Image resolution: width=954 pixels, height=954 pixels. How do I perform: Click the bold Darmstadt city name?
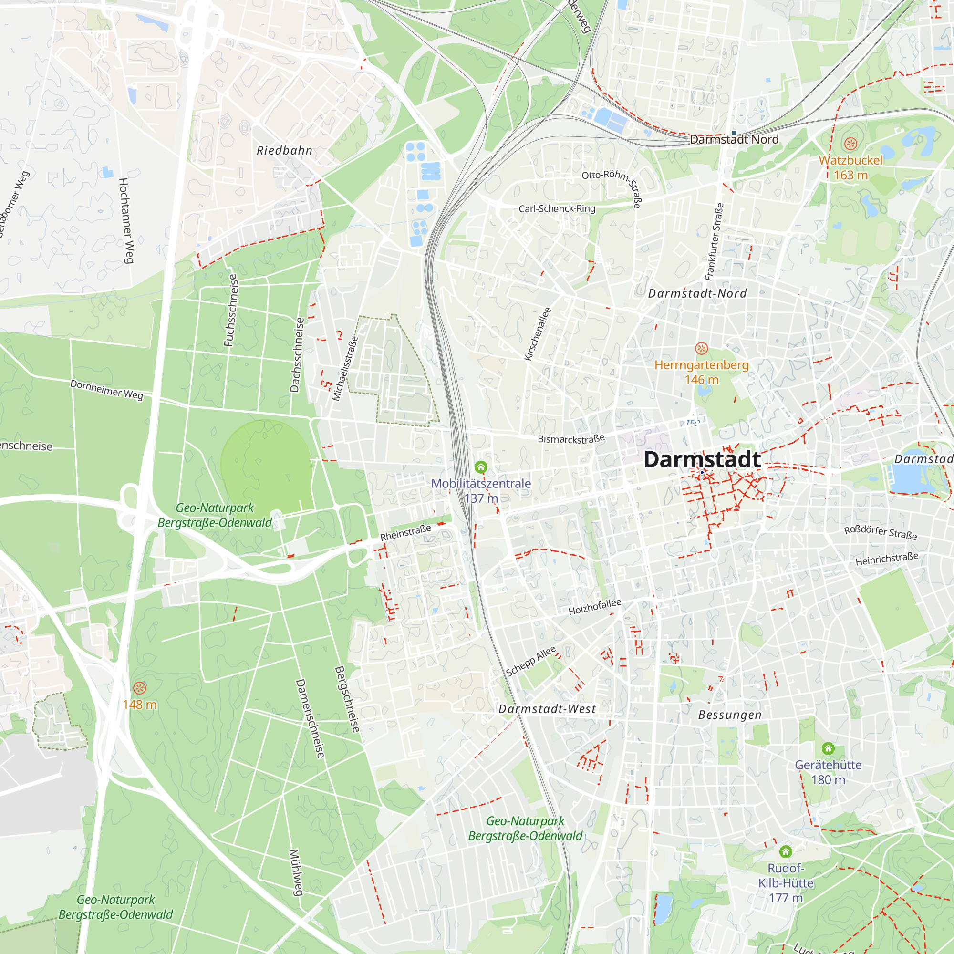pos(702,459)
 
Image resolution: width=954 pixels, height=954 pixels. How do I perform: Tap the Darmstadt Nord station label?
pos(734,140)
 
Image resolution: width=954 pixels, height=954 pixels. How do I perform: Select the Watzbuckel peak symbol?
pos(850,144)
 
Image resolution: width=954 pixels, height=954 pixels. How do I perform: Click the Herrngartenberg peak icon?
pos(701,349)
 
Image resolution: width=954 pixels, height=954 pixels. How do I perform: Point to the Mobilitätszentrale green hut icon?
pos(481,467)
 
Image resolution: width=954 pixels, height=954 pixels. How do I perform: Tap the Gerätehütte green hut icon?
pos(828,748)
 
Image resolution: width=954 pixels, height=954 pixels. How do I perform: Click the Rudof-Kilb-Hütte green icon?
pos(786,852)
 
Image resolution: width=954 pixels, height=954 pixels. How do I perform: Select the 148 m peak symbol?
pos(140,688)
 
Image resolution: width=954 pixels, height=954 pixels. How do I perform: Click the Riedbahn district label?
pos(284,151)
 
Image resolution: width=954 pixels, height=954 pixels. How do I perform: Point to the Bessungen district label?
pos(730,715)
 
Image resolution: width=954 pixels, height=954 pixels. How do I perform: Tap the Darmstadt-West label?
pos(547,709)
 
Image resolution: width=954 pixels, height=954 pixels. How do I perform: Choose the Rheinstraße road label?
pos(405,532)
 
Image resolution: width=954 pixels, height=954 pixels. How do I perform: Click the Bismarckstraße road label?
pos(571,438)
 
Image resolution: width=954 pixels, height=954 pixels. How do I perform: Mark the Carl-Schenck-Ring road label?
pos(557,209)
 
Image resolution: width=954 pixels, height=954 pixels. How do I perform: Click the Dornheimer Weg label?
pos(107,390)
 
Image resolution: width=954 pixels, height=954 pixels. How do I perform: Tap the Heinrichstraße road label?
pos(887,559)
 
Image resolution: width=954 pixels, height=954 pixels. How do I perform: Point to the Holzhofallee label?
pos(594,607)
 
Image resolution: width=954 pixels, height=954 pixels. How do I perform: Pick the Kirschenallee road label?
pos(538,334)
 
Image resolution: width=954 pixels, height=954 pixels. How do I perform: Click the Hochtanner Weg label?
pos(126,220)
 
